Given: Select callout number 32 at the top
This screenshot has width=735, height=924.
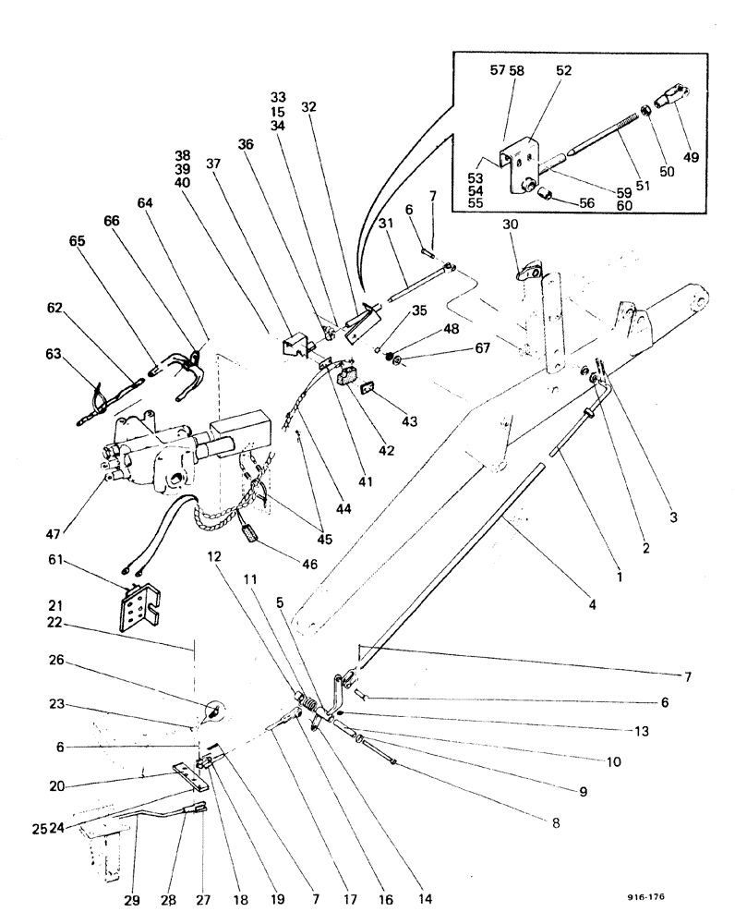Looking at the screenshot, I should [x=308, y=107].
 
